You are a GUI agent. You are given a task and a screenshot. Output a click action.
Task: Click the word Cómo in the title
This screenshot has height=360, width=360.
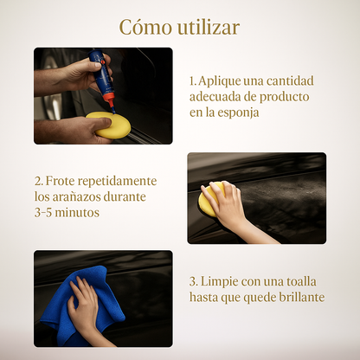(145, 28)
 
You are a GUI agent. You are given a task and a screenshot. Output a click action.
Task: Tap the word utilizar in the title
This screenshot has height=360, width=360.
(209, 28)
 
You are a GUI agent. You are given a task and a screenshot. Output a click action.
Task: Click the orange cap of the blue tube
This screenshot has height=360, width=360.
(110, 100)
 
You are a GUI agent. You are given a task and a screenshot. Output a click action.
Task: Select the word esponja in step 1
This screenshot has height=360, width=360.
(238, 113)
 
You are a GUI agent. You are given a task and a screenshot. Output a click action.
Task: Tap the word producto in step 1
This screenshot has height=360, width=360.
(284, 97)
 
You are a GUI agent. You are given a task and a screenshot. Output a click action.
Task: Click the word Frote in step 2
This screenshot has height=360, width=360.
(60, 181)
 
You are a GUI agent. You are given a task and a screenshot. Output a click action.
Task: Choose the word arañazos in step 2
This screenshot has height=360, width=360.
(76, 197)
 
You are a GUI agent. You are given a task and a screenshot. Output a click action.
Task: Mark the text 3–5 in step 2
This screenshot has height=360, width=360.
(43, 213)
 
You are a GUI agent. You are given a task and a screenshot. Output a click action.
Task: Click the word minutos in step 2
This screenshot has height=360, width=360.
(77, 213)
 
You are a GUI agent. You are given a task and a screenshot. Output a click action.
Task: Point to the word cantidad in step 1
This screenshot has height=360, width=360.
(290, 81)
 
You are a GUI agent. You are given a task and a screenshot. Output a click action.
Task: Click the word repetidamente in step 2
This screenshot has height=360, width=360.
(117, 182)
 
